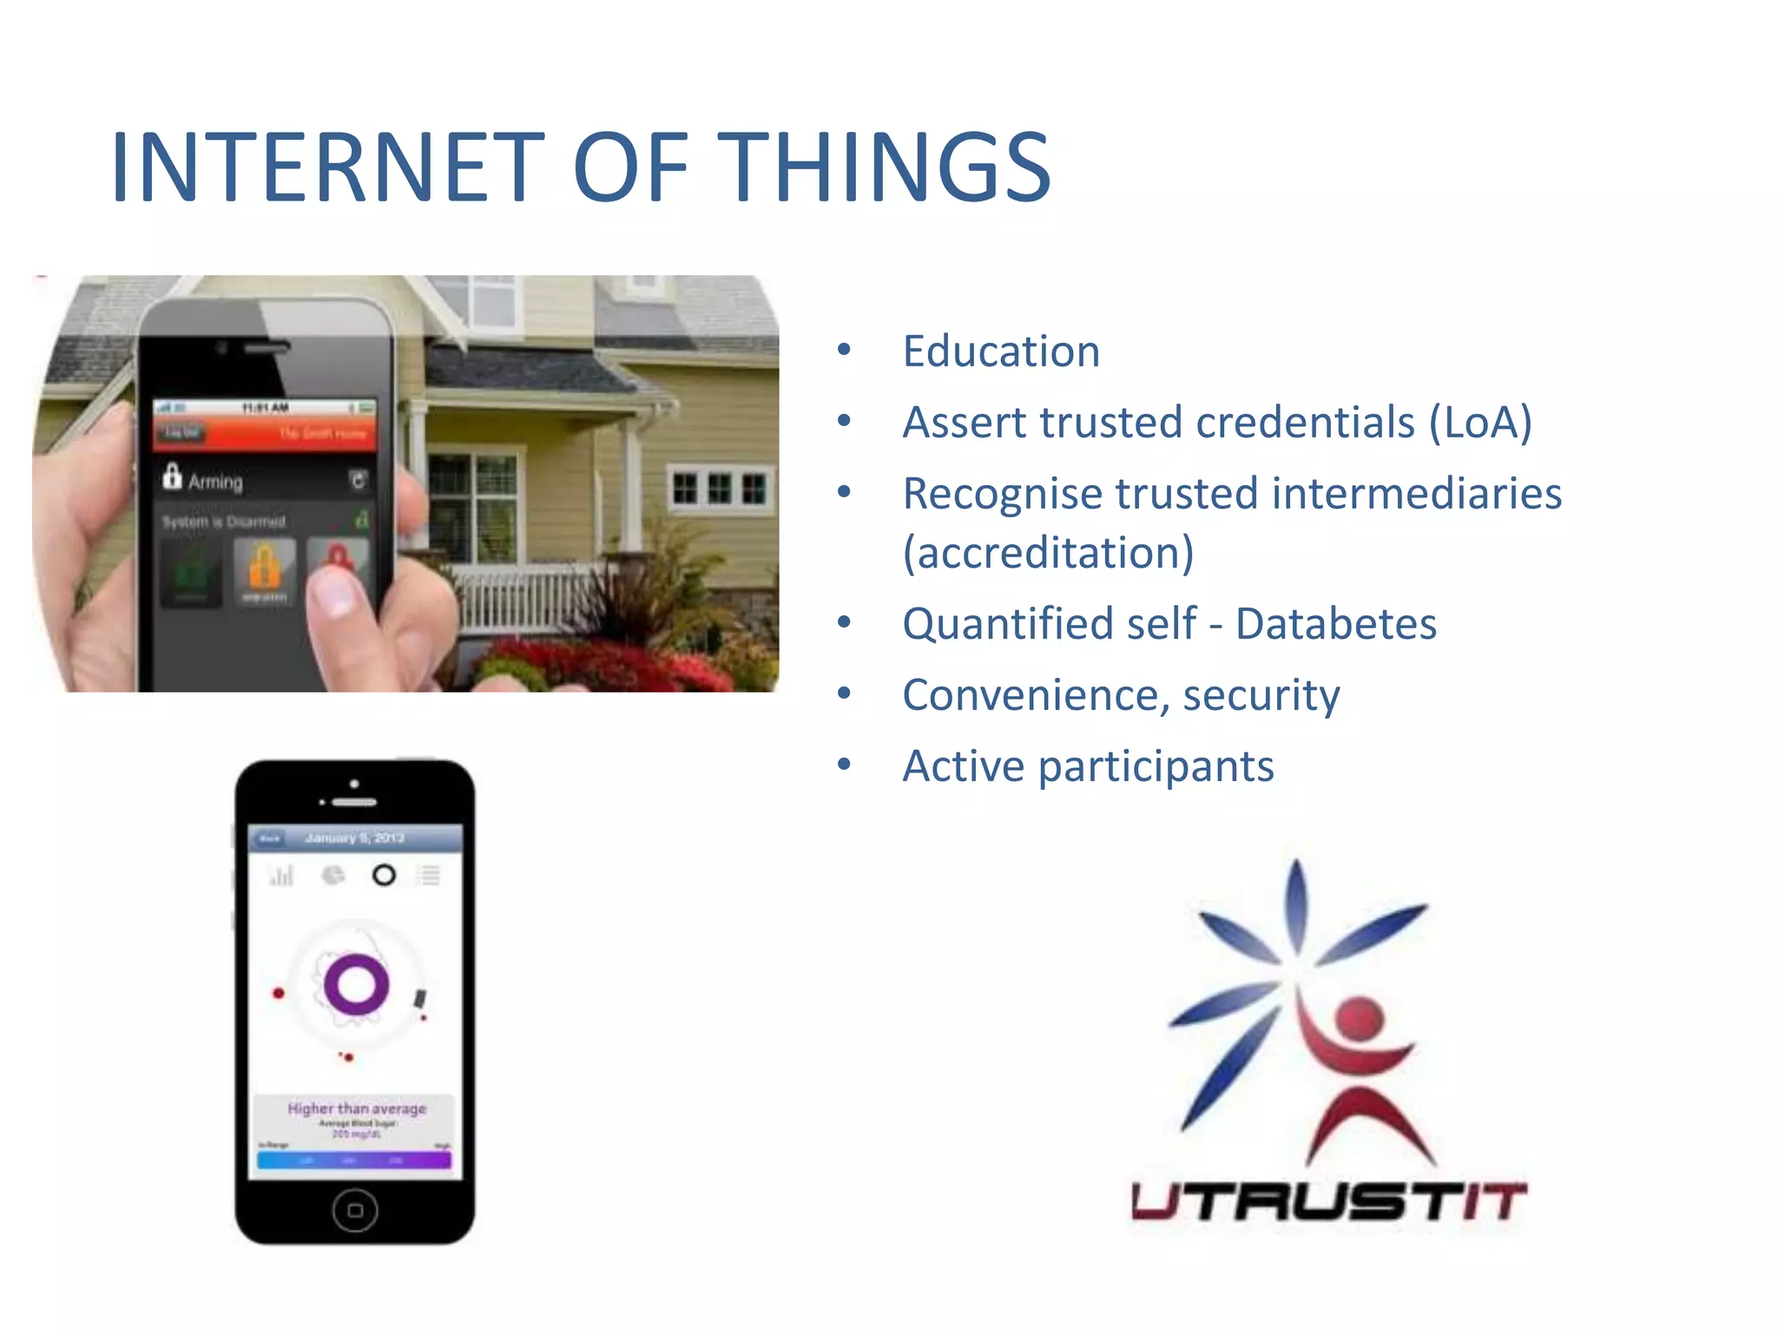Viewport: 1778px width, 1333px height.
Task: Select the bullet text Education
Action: tap(1001, 351)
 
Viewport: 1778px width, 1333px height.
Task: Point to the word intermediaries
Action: tap(1416, 494)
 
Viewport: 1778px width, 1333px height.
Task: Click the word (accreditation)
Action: tap(1048, 553)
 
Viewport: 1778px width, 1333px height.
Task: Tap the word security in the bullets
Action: tap(1261, 695)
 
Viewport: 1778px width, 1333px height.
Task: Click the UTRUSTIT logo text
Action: tap(1328, 1202)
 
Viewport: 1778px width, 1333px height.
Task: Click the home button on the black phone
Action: tap(354, 1210)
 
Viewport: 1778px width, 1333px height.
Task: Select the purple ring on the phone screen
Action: tap(355, 985)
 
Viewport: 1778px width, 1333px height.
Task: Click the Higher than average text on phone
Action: tap(356, 1108)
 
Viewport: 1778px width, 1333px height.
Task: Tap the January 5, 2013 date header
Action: tap(354, 837)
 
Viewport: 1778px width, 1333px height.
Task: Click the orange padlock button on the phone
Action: tap(265, 568)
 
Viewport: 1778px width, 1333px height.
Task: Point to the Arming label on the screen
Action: tap(215, 481)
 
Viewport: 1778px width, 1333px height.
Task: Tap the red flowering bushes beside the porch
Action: tap(608, 664)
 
